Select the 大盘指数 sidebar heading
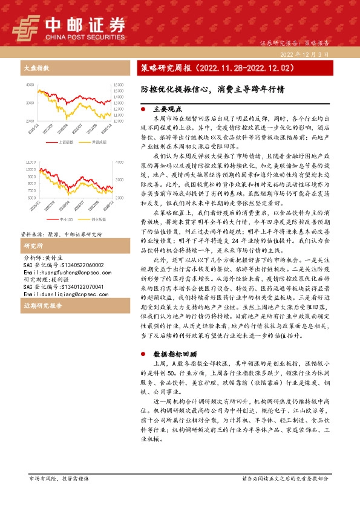point(35,68)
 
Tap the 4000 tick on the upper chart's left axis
point(30,85)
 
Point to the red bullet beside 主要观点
point(143,109)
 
